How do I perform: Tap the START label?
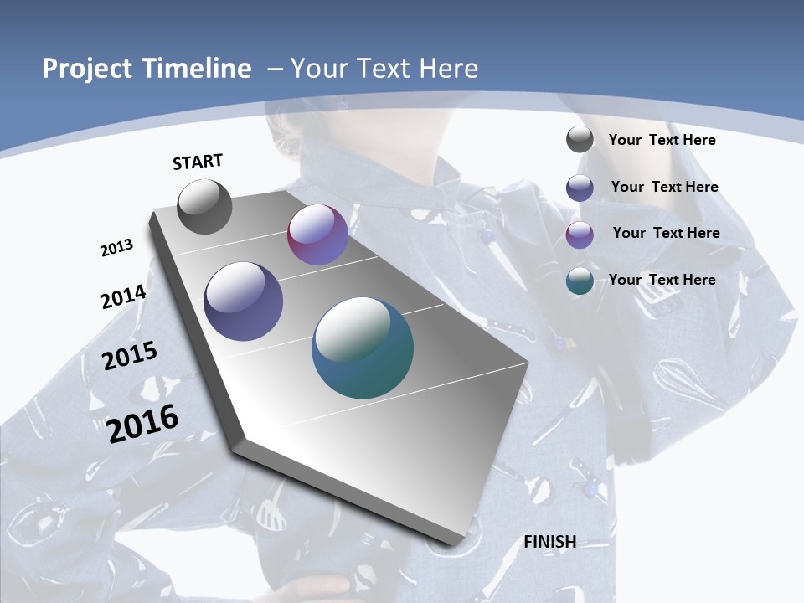pos(198,162)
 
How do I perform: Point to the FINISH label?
pos(550,541)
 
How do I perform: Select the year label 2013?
pos(117,248)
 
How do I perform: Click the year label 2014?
pos(124,296)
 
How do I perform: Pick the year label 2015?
pos(130,355)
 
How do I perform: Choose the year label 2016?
pos(143,423)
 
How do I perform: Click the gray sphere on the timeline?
pos(204,206)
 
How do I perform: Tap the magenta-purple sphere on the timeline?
pos(317,234)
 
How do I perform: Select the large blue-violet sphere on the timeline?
pos(244,301)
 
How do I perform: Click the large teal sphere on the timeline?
pos(363,348)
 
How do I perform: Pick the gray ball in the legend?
pos(580,139)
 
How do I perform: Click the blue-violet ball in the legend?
pos(580,188)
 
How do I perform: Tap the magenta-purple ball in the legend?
pos(580,234)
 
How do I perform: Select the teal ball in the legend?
pos(580,281)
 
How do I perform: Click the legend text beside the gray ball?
pos(662,140)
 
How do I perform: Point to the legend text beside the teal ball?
pos(662,280)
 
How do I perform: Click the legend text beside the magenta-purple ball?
pos(666,233)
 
